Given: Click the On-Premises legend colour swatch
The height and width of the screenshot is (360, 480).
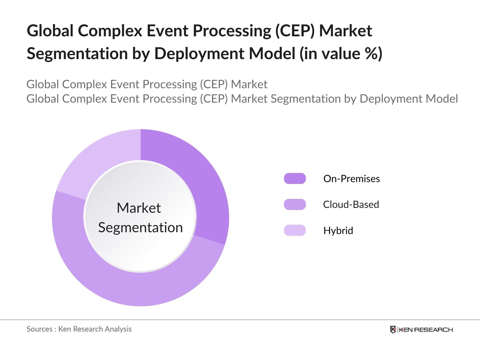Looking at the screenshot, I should coord(295,178).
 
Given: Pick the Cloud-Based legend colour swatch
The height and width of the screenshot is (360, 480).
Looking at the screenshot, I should coord(295,204).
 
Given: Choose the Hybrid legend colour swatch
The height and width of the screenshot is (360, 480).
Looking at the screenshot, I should coord(295,230).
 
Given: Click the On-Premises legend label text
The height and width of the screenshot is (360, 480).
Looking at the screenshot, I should coord(352,179).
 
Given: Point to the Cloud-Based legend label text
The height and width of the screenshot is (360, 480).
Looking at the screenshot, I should coord(351,205).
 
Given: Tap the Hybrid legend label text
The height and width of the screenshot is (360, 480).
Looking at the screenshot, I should coord(338,231).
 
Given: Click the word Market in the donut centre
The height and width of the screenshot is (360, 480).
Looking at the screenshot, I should coord(139,208).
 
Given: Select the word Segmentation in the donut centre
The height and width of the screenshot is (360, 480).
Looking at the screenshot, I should coord(140,227).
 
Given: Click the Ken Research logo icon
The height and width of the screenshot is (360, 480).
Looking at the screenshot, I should coord(393,329).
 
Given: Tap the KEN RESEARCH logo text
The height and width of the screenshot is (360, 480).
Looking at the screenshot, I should coord(426,330).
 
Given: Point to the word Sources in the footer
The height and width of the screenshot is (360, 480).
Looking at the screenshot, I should coord(39,329).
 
